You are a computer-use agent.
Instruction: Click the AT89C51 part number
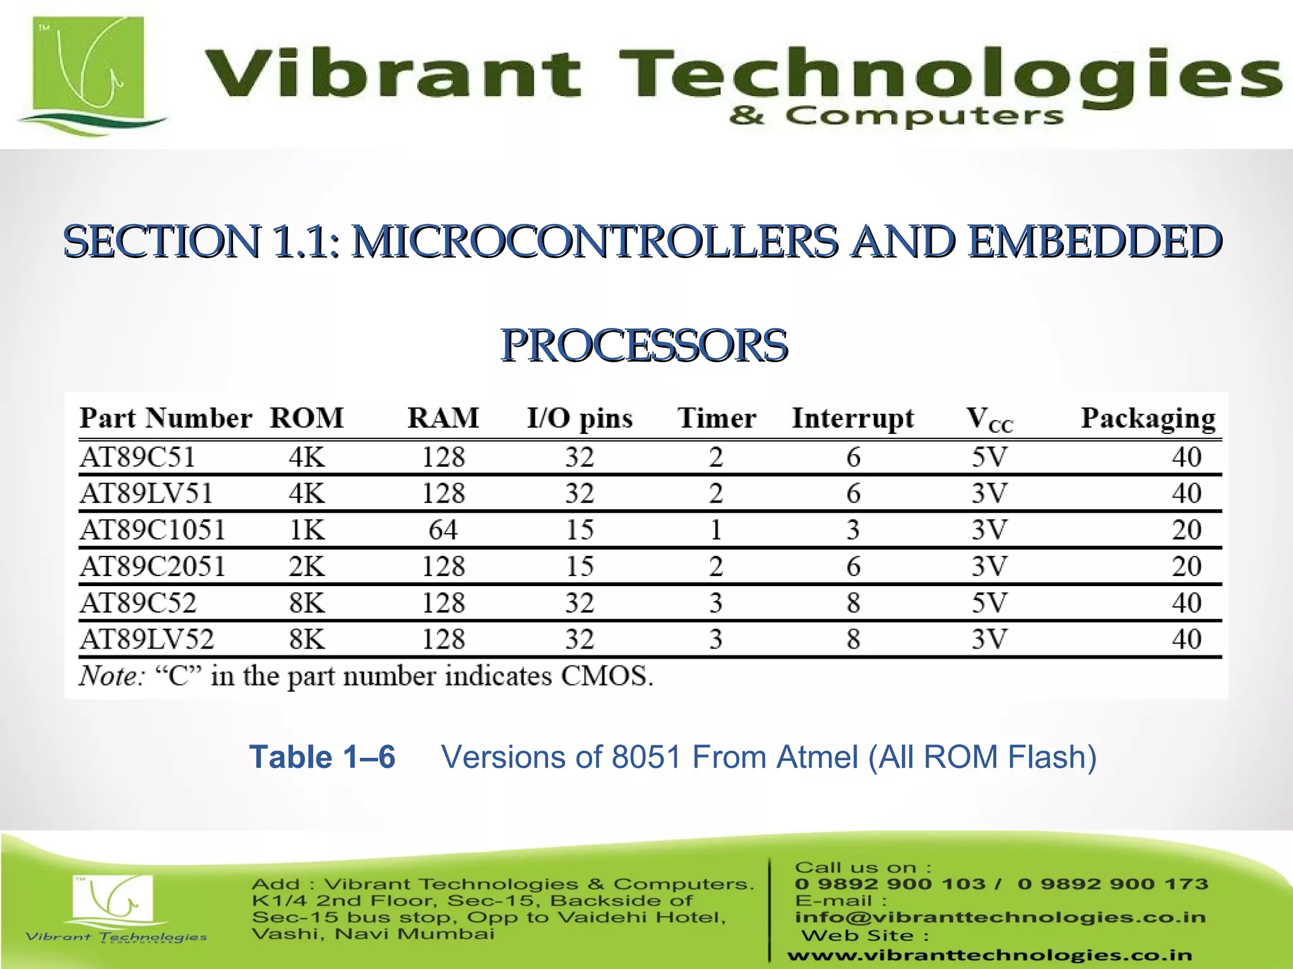(138, 457)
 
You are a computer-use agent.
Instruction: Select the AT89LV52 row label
(146, 639)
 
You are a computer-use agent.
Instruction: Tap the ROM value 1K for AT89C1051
(307, 530)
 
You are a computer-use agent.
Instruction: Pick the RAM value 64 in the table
(443, 530)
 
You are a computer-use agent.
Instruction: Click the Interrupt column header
(853, 418)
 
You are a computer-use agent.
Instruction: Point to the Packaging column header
(1148, 418)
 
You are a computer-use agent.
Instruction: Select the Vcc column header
(989, 420)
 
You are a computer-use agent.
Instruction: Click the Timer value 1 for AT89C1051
(715, 530)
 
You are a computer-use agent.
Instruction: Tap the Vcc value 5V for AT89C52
(989, 603)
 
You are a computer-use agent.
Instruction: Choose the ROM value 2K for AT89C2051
(307, 567)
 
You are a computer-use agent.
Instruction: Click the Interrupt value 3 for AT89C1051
(853, 530)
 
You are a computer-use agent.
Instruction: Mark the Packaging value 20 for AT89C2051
(1186, 567)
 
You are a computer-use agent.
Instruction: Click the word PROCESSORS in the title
(644, 346)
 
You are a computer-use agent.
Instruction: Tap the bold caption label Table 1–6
(322, 757)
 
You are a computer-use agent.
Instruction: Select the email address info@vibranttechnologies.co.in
(1000, 917)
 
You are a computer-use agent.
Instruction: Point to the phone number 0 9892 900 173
(1112, 884)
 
